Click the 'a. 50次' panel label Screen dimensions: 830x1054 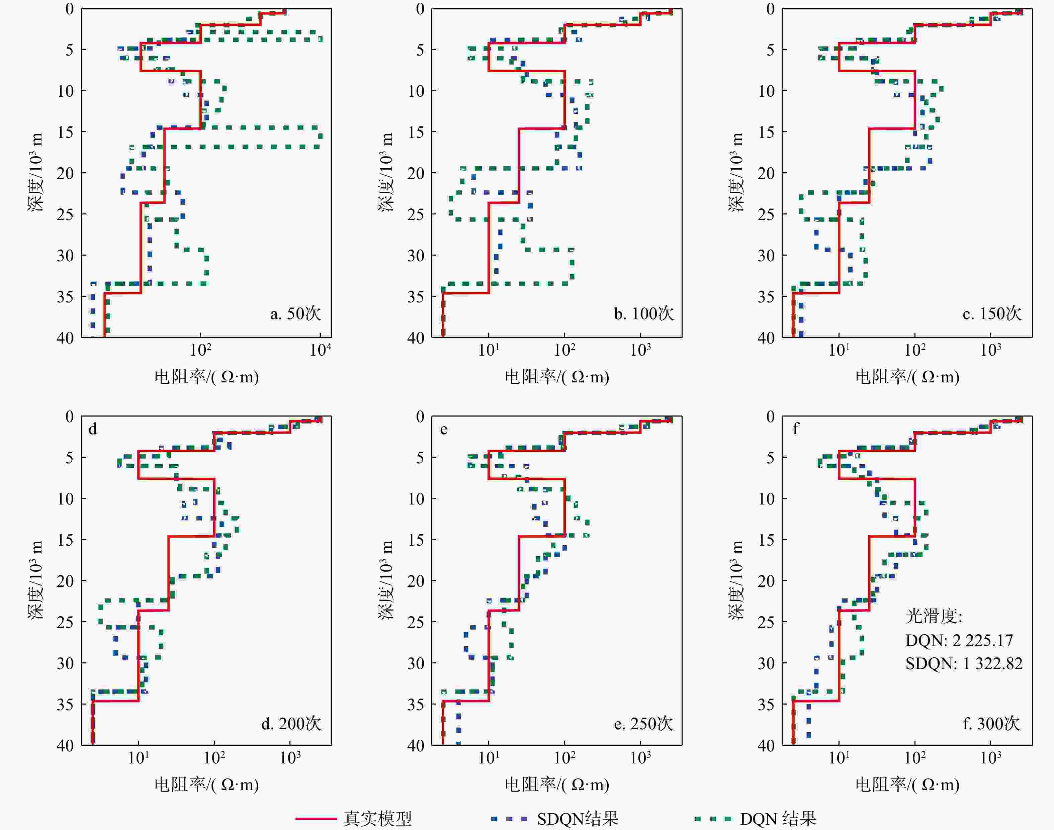[x=295, y=313]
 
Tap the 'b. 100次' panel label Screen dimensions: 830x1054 [x=643, y=313]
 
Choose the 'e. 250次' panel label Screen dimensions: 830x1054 [x=643, y=724]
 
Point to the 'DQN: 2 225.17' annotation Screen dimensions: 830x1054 [x=959, y=640]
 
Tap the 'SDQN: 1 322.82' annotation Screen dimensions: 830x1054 [x=964, y=663]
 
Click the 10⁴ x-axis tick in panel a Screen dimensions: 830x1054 [x=321, y=349]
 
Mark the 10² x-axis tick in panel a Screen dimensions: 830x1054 [x=201, y=349]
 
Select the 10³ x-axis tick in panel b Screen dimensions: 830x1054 [x=640, y=349]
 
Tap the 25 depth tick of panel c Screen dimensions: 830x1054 [x=766, y=214]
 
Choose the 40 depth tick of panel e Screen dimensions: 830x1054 [x=416, y=745]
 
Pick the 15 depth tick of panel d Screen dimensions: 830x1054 [x=65, y=539]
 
